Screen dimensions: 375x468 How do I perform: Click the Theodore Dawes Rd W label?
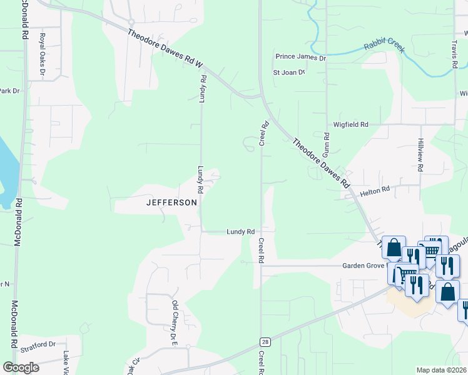(166, 48)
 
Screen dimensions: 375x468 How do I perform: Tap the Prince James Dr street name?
(301, 57)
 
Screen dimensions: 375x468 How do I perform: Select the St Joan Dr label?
(288, 72)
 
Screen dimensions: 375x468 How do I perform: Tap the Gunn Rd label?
(327, 144)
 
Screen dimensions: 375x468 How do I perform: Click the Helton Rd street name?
(375, 189)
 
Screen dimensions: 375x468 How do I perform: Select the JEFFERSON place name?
(171, 202)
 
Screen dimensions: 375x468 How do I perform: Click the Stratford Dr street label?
(38, 344)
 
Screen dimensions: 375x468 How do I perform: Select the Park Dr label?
(10, 91)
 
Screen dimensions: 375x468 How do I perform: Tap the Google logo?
(21, 367)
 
